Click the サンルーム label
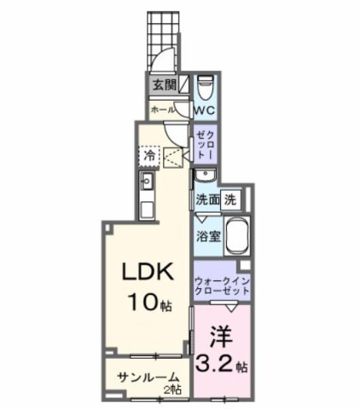(142, 377)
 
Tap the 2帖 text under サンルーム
(174, 389)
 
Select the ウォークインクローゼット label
(222, 285)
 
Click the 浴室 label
(209, 236)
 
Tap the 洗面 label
(208, 200)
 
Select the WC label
(204, 111)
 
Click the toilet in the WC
(205, 88)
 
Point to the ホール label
(162, 110)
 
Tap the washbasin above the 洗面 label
(204, 176)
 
